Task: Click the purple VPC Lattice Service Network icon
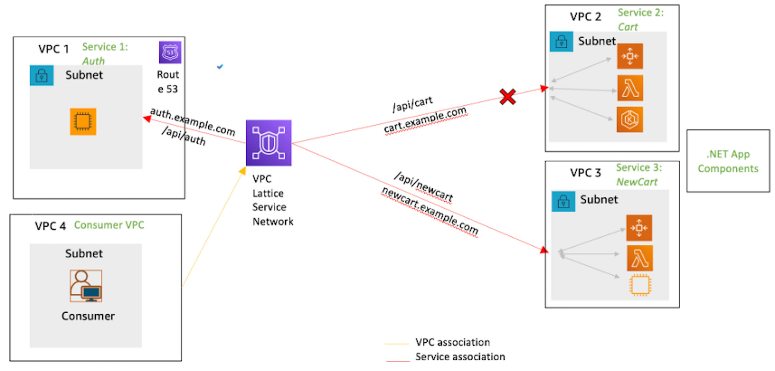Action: click(268, 143)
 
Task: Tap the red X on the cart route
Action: click(508, 97)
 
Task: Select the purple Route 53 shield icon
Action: click(170, 52)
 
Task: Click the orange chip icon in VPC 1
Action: click(83, 122)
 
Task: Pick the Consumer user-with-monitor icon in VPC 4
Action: click(86, 286)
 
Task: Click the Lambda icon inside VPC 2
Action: click(630, 88)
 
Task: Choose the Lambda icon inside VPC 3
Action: click(639, 258)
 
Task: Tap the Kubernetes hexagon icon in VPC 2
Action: click(630, 119)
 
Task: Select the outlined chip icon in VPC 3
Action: click(640, 285)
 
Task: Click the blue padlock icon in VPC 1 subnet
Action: click(41, 75)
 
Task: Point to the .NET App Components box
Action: click(728, 161)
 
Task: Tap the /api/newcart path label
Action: click(423, 186)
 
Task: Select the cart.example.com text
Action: click(425, 120)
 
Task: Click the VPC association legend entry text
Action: click(453, 342)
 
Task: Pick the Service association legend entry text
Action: click(460, 357)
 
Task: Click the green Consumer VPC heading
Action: click(109, 225)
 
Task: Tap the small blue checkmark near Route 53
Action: click(220, 67)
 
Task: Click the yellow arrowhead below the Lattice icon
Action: click(242, 171)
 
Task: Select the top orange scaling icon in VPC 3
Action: click(639, 228)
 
